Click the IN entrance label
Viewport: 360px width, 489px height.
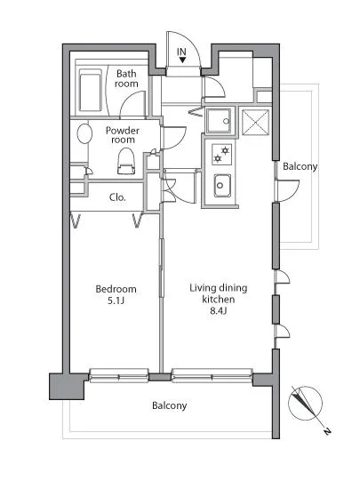click(x=181, y=52)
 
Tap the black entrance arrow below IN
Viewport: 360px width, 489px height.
click(x=182, y=60)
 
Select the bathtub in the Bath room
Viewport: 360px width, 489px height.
click(x=91, y=90)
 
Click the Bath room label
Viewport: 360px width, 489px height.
click(x=126, y=78)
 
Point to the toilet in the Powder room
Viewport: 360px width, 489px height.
click(x=126, y=161)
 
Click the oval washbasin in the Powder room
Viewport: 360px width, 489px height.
click(x=84, y=133)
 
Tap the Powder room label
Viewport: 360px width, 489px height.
click(x=123, y=135)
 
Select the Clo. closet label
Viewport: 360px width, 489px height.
click(x=117, y=197)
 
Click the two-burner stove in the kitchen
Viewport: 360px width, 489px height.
click(x=221, y=155)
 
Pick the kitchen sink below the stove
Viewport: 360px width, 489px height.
click(x=222, y=186)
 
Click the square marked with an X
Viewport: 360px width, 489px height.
click(x=255, y=122)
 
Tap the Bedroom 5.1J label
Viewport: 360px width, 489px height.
click(x=116, y=294)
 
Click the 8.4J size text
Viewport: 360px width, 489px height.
click(x=218, y=310)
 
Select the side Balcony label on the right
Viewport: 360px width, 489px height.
click(x=300, y=166)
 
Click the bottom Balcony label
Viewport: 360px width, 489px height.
click(x=169, y=405)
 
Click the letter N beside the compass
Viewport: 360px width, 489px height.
click(x=327, y=431)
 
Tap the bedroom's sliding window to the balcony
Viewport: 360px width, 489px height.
click(x=119, y=375)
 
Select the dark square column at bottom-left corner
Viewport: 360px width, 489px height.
click(x=67, y=387)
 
